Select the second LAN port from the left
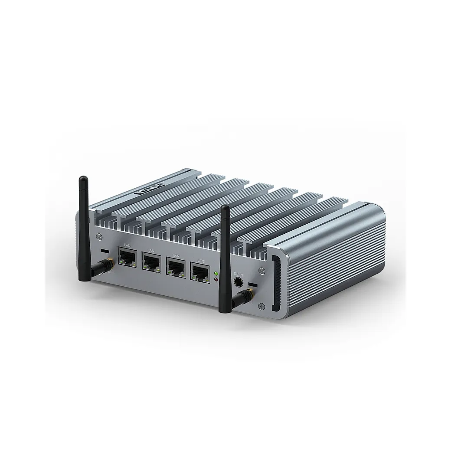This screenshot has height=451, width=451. [x=151, y=262]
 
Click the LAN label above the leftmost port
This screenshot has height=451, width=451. [x=127, y=246]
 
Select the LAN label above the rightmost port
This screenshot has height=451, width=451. [x=200, y=260]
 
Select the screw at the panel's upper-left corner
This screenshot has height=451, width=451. [x=99, y=236]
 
